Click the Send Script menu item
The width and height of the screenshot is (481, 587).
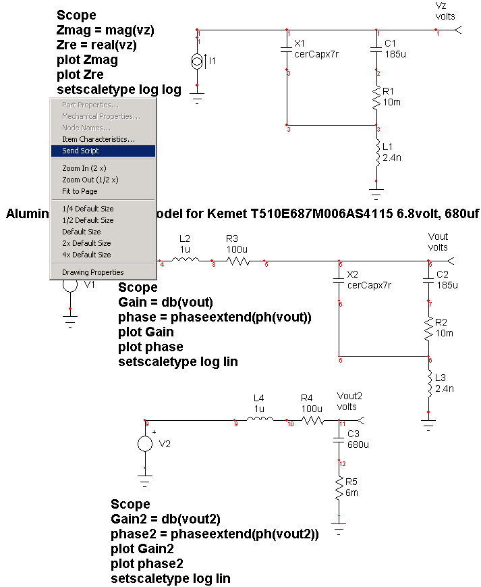pos(81,151)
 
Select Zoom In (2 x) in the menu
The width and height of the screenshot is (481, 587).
pos(84,168)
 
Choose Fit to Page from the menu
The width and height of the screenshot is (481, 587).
pos(80,191)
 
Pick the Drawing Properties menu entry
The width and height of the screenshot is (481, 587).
pos(93,272)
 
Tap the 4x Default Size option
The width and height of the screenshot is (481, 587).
pos(86,255)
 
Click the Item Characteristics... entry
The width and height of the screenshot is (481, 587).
pos(98,139)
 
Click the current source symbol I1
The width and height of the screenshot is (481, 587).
pos(197,62)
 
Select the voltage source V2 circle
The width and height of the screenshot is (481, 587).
pos(145,444)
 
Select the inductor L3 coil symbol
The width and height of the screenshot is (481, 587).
pos(428,384)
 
